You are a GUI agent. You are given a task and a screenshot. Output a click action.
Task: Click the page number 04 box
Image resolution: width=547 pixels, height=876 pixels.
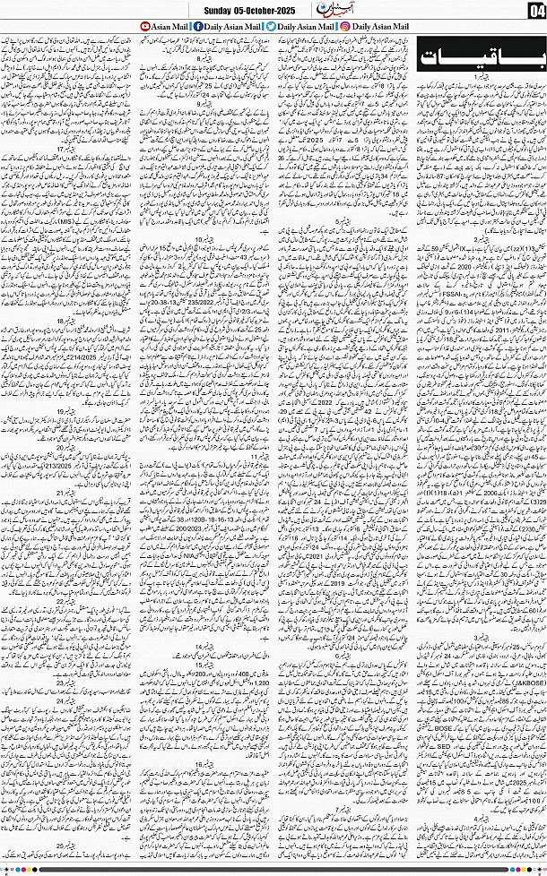(x=534, y=11)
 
